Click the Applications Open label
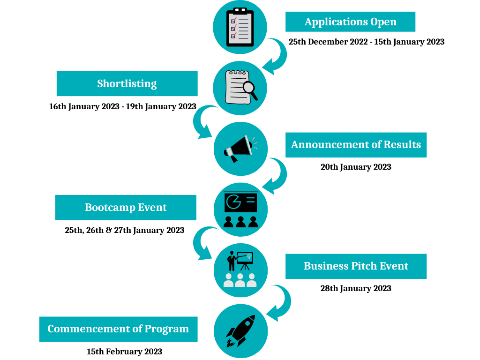click(350, 22)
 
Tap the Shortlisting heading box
click(127, 83)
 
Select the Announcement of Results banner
click(356, 145)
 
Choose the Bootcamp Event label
click(126, 207)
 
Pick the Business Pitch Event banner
click(356, 266)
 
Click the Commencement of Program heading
click(119, 329)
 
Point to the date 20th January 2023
click(356, 167)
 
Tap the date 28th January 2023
click(356, 288)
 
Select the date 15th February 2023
click(124, 352)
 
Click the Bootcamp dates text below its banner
click(125, 230)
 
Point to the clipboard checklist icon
click(240, 27)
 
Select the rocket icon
click(240, 331)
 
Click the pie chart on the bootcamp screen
click(233, 202)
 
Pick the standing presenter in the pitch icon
click(232, 261)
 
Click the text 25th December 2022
click(328, 42)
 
